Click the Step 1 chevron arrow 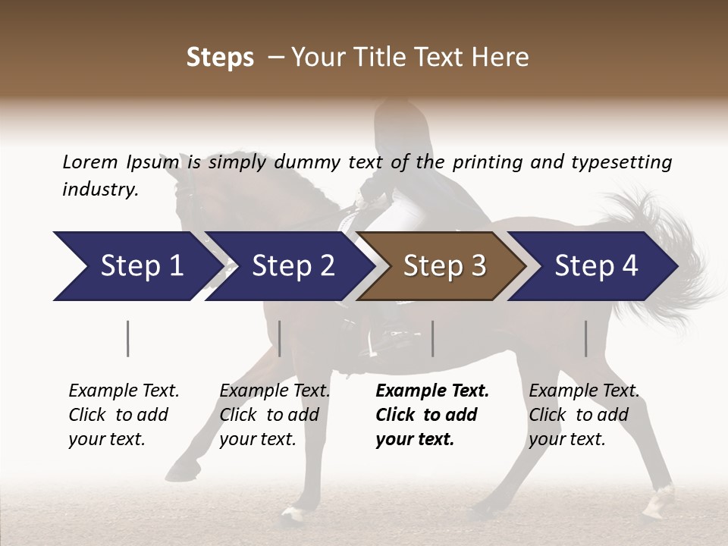(x=136, y=265)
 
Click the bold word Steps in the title (x=220, y=58)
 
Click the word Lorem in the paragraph (x=90, y=162)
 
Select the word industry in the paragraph (x=99, y=189)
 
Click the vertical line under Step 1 (x=128, y=338)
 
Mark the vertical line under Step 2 (x=280, y=338)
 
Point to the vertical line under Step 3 (x=432, y=338)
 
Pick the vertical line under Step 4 (x=585, y=338)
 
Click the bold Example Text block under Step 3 (x=432, y=415)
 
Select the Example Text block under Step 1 (x=124, y=415)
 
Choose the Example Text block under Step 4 (x=584, y=415)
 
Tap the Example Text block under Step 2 (x=275, y=415)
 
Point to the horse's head (x=186, y=193)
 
